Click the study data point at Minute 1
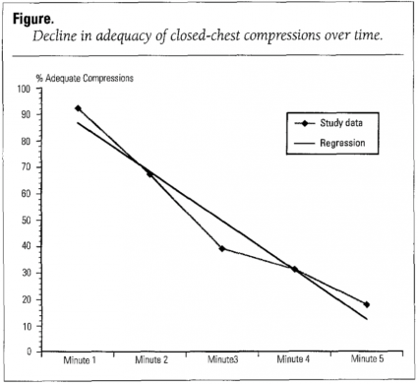click(x=78, y=108)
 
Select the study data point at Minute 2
click(x=149, y=173)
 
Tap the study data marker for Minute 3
click(x=222, y=248)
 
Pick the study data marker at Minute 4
click(x=294, y=269)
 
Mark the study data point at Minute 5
click(x=367, y=304)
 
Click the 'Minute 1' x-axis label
click(x=78, y=361)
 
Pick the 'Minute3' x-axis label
click(x=222, y=361)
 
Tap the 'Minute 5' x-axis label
click(x=367, y=361)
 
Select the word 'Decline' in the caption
click(x=59, y=36)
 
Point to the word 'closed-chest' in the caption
click(x=201, y=36)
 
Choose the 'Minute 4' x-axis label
click(x=294, y=361)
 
